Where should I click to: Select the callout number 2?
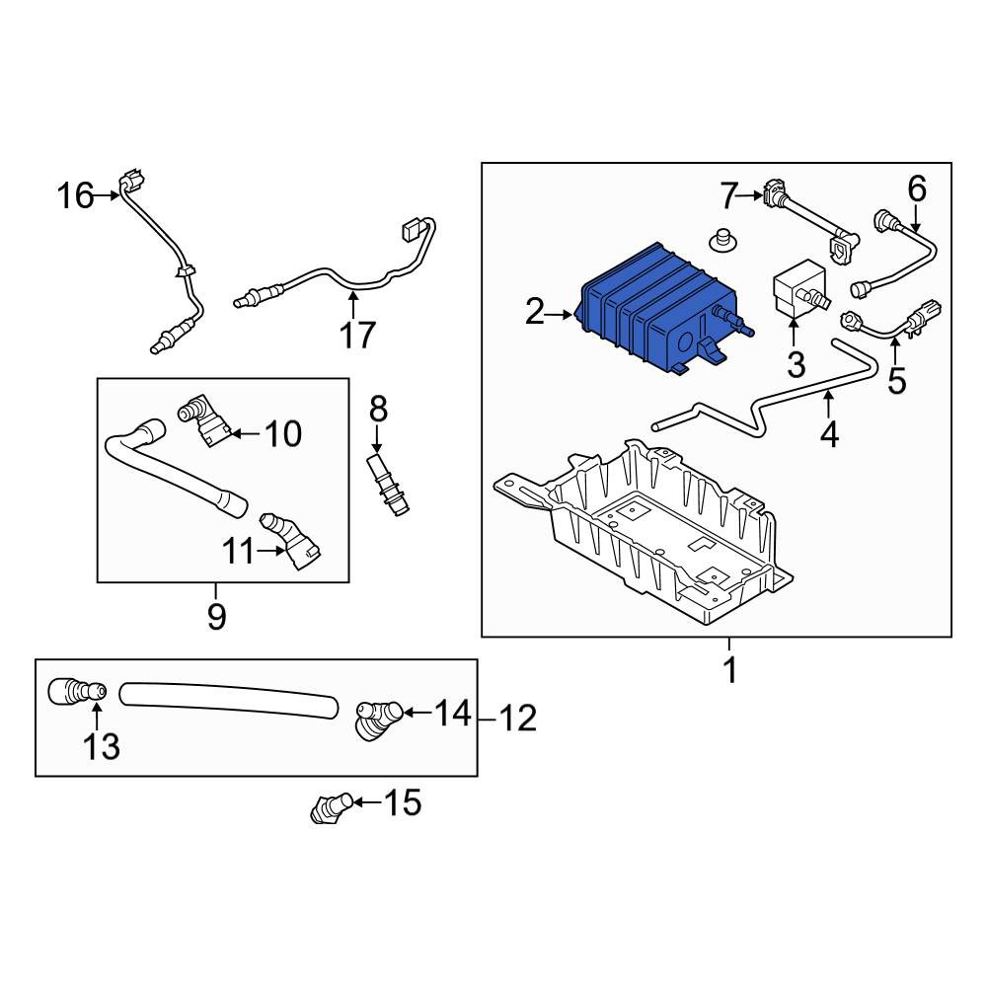[534, 312]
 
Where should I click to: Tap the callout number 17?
[357, 335]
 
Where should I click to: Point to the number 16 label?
[75, 195]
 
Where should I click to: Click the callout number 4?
[830, 434]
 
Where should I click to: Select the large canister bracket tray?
[644, 532]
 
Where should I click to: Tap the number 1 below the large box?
[730, 670]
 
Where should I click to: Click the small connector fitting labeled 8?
[388, 485]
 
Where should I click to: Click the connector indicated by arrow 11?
[292, 541]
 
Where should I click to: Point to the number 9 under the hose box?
[216, 616]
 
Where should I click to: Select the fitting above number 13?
[77, 692]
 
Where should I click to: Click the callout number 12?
[518, 719]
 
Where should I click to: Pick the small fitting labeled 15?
[332, 808]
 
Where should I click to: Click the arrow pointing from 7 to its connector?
[750, 195]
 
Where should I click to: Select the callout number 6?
[917, 189]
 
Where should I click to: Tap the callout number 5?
[897, 381]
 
